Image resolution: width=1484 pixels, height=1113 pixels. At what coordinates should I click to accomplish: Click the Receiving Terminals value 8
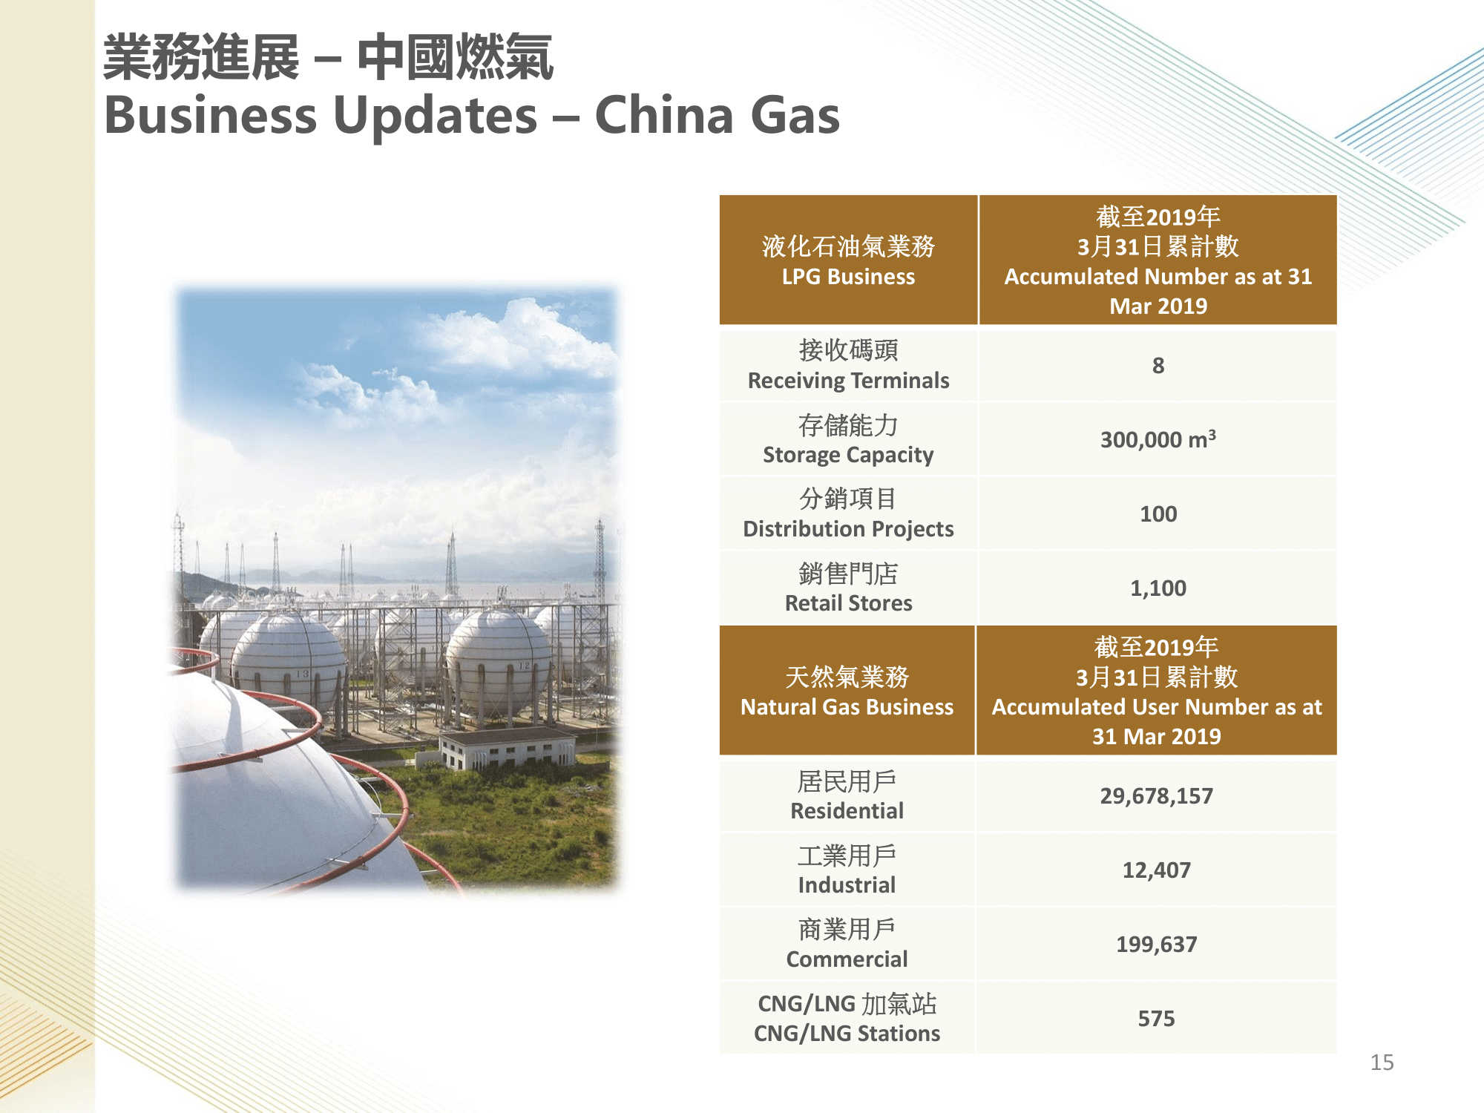pos(1158,365)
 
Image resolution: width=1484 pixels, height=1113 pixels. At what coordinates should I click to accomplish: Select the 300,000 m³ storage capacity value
pos(1158,439)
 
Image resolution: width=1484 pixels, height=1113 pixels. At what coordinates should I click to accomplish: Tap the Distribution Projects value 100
pos(1158,513)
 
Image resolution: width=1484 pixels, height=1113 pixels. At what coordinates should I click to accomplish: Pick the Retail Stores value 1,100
pos(1158,588)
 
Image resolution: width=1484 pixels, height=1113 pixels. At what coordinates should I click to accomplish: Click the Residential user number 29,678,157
pos(1156,796)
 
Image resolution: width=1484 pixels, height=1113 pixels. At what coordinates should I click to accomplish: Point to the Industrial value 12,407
pos(1156,870)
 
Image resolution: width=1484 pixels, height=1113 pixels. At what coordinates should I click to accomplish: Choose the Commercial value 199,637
pos(1156,945)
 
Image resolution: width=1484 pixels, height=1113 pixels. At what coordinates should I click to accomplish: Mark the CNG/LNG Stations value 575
pos(1156,1019)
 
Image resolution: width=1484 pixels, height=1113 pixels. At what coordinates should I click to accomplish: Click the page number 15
pos(1382,1063)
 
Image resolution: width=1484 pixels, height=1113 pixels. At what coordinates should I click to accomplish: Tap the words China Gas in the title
pos(718,116)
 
